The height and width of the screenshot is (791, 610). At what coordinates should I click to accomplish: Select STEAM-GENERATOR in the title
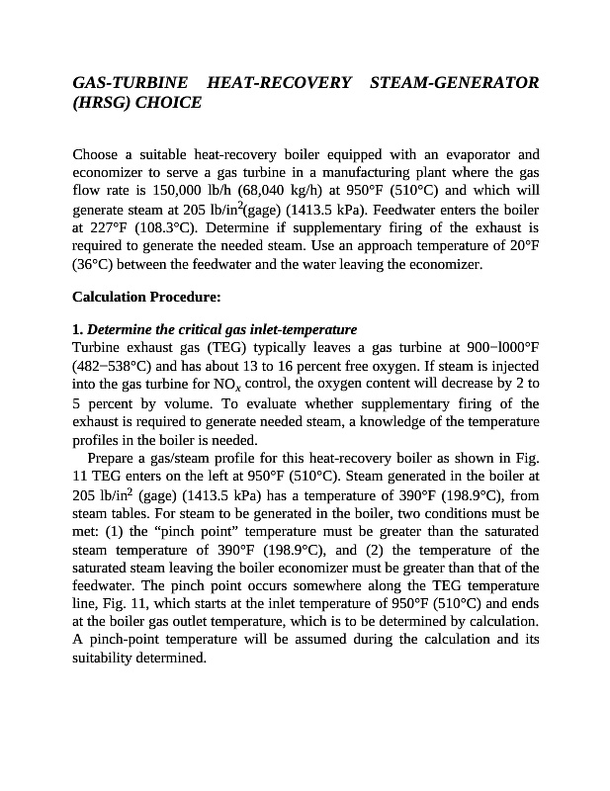coord(454,82)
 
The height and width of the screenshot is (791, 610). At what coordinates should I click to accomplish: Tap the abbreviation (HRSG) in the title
coord(103,102)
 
